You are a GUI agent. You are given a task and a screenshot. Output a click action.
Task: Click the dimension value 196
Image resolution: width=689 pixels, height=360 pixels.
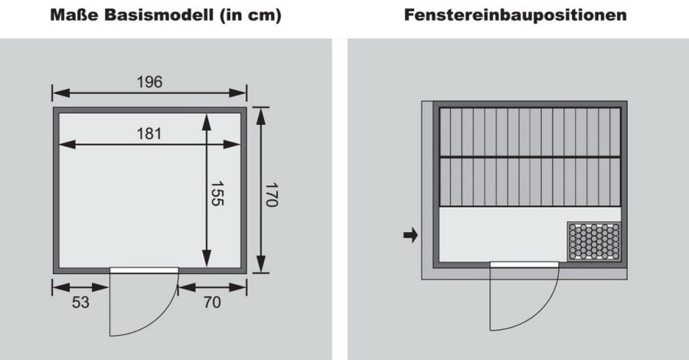(149, 82)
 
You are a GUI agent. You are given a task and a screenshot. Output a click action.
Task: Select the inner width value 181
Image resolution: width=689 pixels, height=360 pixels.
(149, 133)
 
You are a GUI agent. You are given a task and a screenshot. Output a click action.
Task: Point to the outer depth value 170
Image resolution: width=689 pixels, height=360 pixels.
(271, 195)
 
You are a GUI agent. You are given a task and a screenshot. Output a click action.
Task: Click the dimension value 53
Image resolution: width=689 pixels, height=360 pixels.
(80, 303)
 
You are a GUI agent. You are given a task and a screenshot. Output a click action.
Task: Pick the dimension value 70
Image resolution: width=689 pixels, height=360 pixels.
(212, 303)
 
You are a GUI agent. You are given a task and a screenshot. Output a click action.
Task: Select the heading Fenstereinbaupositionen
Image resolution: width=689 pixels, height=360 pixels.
(515, 15)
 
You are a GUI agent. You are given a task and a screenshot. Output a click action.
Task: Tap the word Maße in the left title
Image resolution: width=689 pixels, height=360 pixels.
(74, 15)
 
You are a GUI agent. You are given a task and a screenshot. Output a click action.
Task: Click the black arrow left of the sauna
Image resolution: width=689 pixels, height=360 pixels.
(410, 235)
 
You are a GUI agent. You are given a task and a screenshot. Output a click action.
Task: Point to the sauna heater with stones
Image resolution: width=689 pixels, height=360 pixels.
(593, 241)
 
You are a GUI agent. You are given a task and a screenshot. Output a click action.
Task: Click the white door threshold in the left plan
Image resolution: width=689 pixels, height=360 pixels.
(144, 270)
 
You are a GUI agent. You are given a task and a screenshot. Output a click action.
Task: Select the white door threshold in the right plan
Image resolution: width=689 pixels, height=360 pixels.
(524, 264)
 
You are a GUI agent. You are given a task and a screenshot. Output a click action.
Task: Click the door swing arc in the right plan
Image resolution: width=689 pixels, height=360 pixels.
(544, 312)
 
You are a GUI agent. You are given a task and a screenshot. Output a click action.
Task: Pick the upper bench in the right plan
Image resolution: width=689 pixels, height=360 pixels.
(530, 132)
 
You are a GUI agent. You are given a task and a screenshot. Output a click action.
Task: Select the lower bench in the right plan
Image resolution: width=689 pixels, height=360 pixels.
(530, 182)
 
